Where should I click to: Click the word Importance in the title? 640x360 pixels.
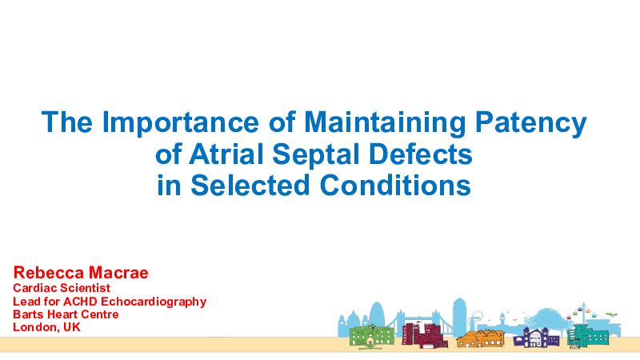pyautogui.click(x=180, y=122)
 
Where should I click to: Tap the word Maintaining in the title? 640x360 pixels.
pyautogui.click(x=385, y=122)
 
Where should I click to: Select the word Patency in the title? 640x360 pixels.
pyautogui.click(x=531, y=122)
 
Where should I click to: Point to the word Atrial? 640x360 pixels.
pyautogui.click(x=226, y=154)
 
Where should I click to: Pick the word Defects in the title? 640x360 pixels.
pyautogui.click(x=421, y=154)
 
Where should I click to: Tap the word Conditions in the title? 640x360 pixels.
pyautogui.click(x=395, y=185)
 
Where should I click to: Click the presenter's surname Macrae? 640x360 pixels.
pyautogui.click(x=118, y=273)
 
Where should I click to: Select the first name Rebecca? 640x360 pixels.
pyautogui.click(x=49, y=273)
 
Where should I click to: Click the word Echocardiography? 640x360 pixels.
pyautogui.click(x=154, y=302)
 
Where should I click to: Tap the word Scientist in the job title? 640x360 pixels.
pyautogui.click(x=86, y=288)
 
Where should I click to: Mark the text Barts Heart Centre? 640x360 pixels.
pyautogui.click(x=66, y=314)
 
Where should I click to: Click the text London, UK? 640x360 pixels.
pyautogui.click(x=46, y=327)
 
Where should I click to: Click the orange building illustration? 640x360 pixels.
pyautogui.click(x=481, y=338)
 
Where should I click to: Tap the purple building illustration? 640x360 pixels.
pyautogui.click(x=536, y=337)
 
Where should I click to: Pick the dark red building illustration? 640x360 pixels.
pyautogui.click(x=424, y=335)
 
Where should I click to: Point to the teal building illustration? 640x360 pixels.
pyautogui.click(x=587, y=336)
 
